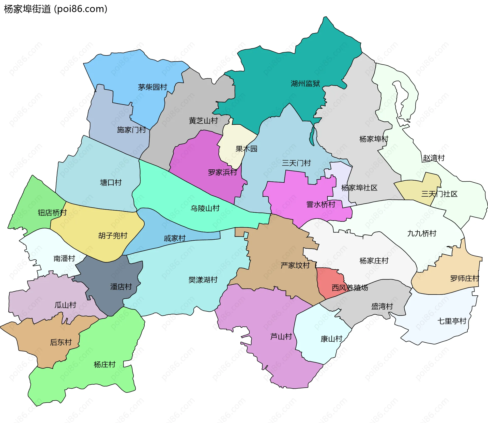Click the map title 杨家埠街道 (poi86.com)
click(x=55, y=9)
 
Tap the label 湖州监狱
click(x=305, y=83)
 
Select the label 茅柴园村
click(x=152, y=87)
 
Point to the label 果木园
click(x=246, y=149)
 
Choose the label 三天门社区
click(x=439, y=194)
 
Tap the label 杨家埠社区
click(x=359, y=188)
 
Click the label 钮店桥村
click(x=52, y=213)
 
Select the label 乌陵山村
click(x=205, y=209)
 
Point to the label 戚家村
click(x=175, y=239)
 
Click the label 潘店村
click(x=121, y=287)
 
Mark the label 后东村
click(x=61, y=342)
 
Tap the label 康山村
click(x=331, y=339)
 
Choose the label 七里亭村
click(x=452, y=321)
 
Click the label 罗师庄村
click(x=464, y=279)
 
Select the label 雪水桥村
click(x=321, y=205)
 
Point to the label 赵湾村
click(x=434, y=158)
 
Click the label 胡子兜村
click(x=113, y=236)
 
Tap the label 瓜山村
click(x=65, y=305)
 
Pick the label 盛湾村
click(x=382, y=307)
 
